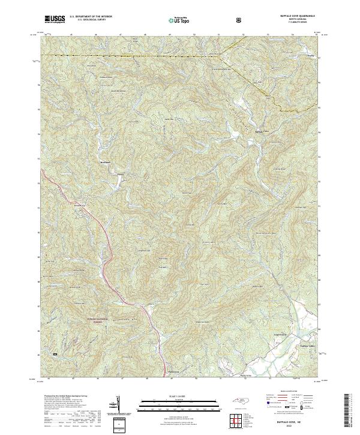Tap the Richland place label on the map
106,162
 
